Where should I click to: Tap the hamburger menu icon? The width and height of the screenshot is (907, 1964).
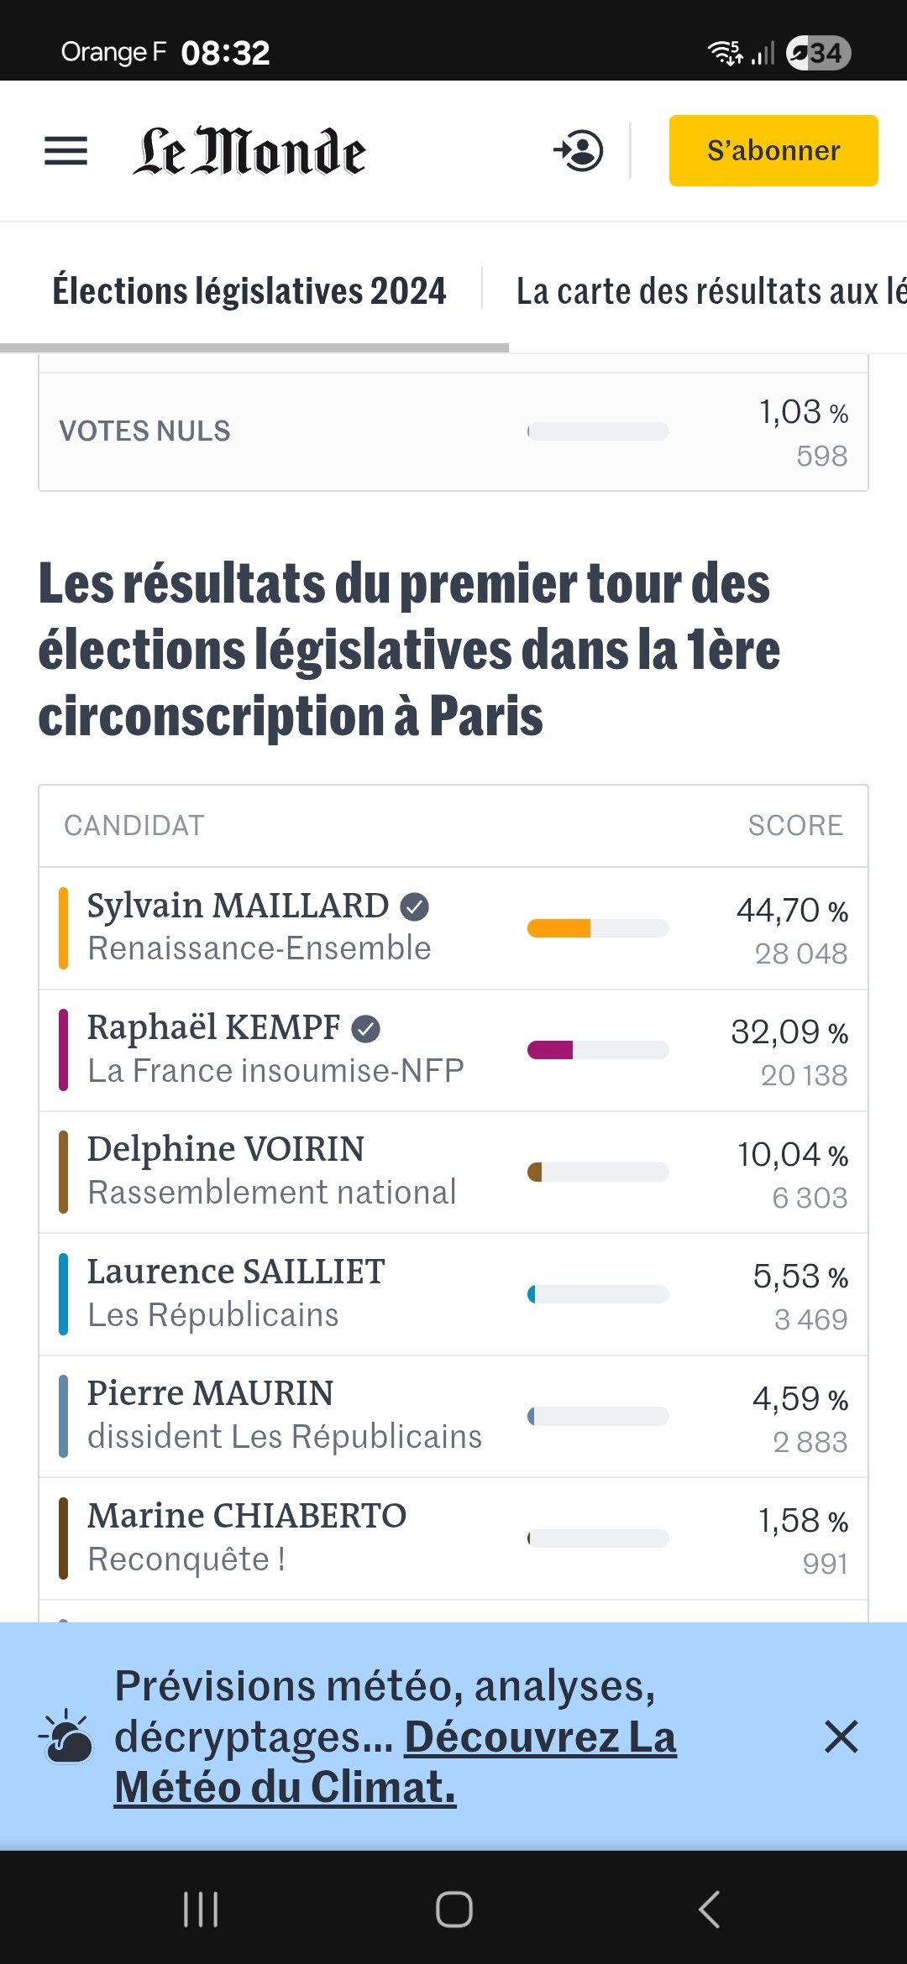[66, 151]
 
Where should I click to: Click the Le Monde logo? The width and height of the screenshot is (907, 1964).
[249, 152]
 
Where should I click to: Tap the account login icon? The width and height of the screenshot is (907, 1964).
[579, 151]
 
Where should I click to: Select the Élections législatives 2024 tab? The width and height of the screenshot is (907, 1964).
[249, 291]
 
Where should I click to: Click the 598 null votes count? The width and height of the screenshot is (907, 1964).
[821, 456]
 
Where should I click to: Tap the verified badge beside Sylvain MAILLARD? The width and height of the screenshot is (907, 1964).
[414, 906]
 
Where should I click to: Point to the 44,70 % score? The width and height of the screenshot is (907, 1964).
[792, 911]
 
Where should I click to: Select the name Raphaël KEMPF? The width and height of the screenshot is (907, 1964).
[213, 1027]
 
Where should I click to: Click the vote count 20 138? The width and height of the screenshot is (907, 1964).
[804, 1075]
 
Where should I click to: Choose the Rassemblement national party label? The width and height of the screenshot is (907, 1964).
[272, 1193]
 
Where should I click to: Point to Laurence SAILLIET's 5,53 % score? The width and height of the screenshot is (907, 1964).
[800, 1277]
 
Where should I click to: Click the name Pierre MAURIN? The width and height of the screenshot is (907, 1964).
[210, 1393]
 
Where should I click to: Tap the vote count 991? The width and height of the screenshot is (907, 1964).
[825, 1564]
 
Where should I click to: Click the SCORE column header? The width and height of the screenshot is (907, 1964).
[794, 826]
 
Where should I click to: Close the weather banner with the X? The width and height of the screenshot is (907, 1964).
[841, 1737]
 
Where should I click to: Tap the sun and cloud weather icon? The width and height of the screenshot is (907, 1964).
[67, 1737]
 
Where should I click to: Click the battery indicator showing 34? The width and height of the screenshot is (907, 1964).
[818, 54]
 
